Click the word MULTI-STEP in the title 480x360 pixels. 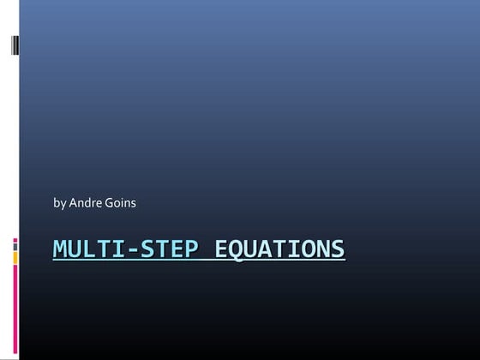coord(125,249)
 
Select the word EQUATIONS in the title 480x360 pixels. coord(279,249)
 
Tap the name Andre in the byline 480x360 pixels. coord(85,203)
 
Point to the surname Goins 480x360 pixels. coord(120,203)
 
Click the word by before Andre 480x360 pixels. coord(59,203)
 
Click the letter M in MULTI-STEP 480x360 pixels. coord(61,249)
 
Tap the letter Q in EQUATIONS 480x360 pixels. coord(236,249)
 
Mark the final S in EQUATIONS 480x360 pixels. coord(338,249)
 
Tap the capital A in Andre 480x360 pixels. coord(73,203)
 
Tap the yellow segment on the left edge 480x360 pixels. coord(15,255)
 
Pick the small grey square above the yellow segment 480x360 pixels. coord(15,243)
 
